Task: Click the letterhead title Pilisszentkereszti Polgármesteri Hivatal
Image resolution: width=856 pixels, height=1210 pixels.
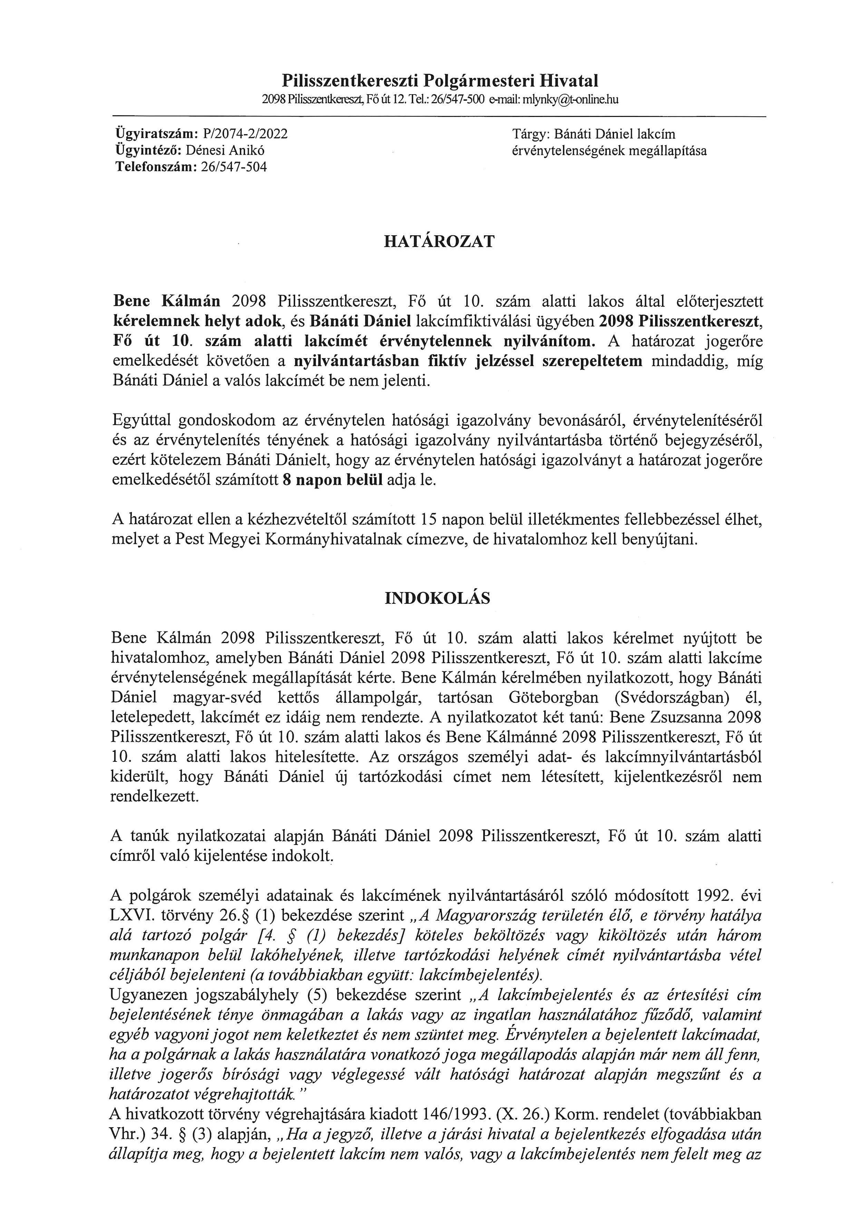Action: tap(440, 81)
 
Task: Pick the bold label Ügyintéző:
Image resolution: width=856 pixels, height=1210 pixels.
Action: tap(149, 151)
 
